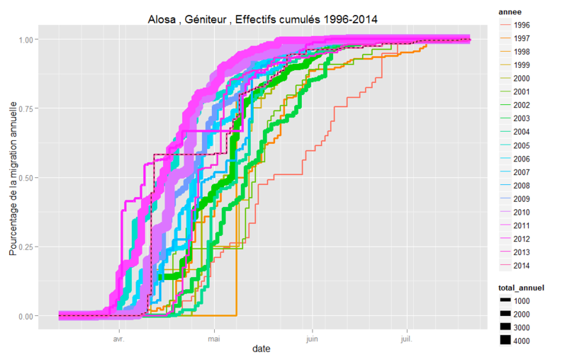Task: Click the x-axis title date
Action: click(262, 349)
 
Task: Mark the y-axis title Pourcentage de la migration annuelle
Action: click(13, 178)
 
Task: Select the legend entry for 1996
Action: click(522, 25)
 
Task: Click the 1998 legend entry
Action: click(522, 52)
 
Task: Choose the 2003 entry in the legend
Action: click(522, 118)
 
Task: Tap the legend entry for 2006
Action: click(522, 159)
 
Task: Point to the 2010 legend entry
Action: click(522, 212)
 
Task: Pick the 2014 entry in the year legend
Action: click(522, 266)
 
